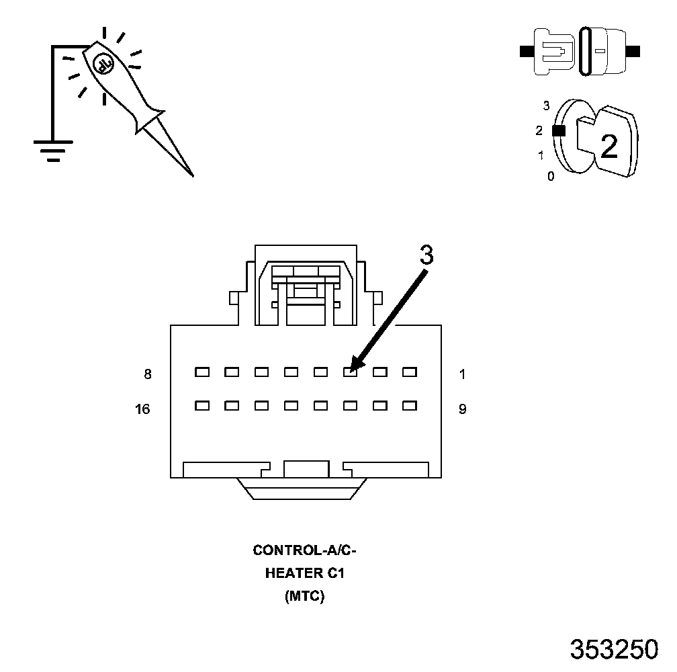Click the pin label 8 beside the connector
(148, 374)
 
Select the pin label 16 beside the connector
(142, 409)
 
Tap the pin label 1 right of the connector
(463, 374)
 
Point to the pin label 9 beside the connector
(463, 409)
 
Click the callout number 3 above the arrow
(426, 255)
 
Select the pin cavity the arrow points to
(350, 371)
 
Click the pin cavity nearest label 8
(202, 371)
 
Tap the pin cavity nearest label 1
(409, 371)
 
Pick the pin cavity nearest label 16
(202, 405)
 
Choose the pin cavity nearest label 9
(409, 405)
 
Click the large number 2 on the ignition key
(608, 146)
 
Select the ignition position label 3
(546, 106)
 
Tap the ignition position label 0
(551, 177)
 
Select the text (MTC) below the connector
(304, 595)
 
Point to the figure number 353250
(614, 649)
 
